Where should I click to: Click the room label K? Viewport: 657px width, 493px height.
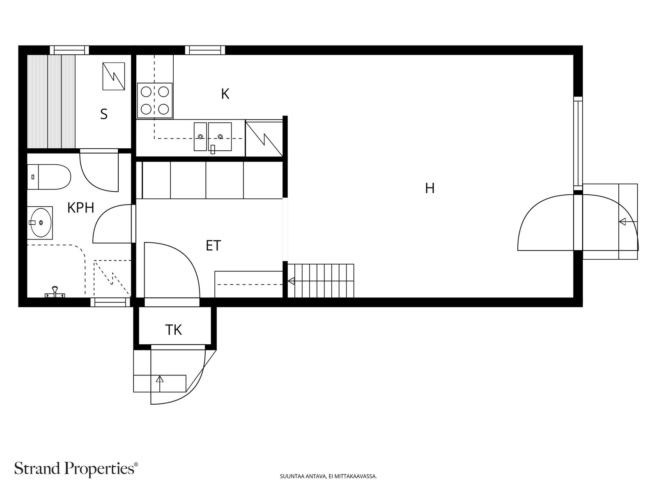[225, 94]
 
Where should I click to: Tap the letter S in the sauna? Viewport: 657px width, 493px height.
[103, 114]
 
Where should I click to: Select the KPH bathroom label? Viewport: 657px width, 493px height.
[80, 208]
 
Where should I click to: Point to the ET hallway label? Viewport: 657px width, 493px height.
[214, 245]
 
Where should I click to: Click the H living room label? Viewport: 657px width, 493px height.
[430, 188]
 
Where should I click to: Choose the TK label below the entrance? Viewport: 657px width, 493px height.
[174, 330]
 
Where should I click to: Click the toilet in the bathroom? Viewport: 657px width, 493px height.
[49, 177]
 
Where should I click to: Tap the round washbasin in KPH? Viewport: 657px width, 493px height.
[41, 223]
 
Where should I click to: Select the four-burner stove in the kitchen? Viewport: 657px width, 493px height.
[155, 100]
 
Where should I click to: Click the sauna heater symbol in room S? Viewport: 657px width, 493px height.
[114, 76]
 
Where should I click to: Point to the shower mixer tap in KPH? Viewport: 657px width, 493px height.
[55, 293]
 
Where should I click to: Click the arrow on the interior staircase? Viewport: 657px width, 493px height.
[291, 281]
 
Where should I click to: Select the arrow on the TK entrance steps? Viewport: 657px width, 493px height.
[160, 379]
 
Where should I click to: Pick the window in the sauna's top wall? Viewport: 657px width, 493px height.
[69, 50]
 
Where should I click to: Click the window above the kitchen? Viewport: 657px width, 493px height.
[205, 50]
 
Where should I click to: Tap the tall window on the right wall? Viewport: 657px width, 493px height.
[578, 143]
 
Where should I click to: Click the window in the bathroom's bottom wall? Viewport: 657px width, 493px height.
[110, 302]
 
